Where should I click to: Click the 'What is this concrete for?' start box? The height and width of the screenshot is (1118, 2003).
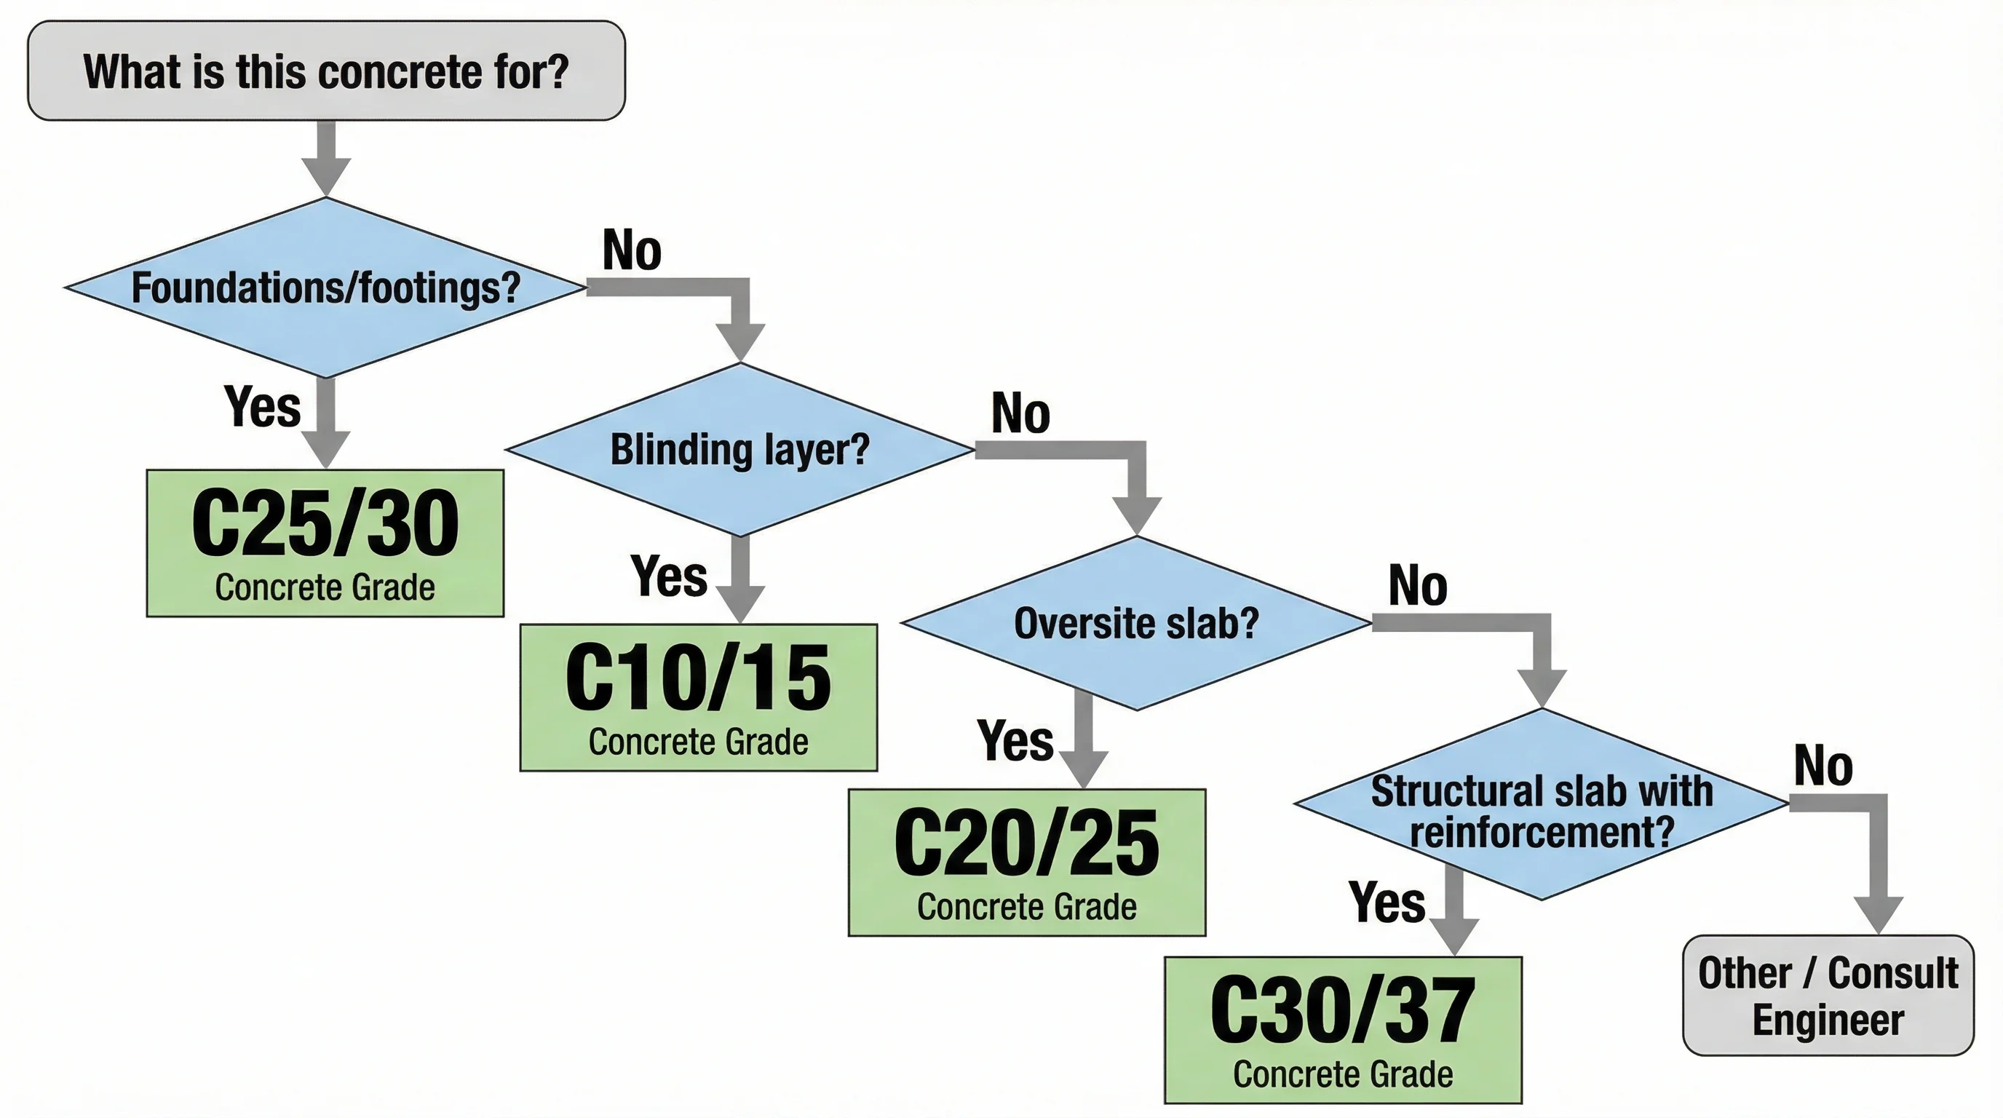(x=326, y=71)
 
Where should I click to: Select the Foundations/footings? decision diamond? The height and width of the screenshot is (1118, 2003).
(x=326, y=288)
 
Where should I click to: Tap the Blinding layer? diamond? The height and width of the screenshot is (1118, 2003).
(x=739, y=449)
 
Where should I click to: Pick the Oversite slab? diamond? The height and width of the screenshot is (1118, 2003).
(x=1136, y=623)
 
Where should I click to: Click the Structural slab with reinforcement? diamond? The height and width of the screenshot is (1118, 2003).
(x=1541, y=805)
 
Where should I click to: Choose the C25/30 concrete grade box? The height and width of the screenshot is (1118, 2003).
(x=325, y=543)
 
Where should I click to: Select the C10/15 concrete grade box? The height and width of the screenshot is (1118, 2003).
(x=698, y=697)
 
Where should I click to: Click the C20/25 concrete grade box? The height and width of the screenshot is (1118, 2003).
(x=1026, y=863)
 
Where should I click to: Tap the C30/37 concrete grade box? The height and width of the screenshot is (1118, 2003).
(x=1343, y=1029)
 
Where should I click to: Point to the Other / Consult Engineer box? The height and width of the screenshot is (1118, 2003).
(x=1828, y=995)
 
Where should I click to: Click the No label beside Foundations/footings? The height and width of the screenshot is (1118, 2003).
(x=631, y=250)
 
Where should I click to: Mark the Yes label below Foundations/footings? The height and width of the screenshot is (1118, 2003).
(x=262, y=406)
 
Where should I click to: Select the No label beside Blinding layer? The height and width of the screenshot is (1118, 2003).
(x=1020, y=413)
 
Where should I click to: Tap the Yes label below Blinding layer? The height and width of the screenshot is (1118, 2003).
(x=669, y=576)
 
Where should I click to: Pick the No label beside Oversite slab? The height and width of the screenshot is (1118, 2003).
(x=1418, y=585)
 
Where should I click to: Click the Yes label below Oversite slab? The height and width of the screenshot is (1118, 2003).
(x=1015, y=740)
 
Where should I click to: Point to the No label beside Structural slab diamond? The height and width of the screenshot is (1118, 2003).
(x=1822, y=766)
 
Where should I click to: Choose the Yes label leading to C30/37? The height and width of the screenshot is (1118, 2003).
(x=1387, y=903)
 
